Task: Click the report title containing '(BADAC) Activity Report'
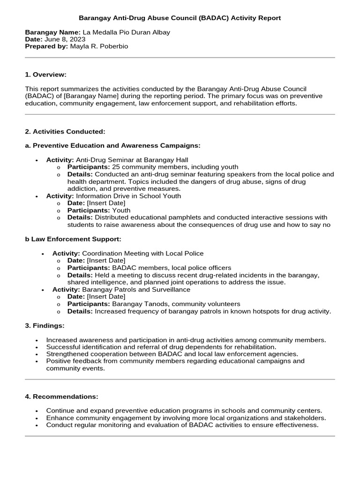[180, 18]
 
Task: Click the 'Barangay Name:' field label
[52, 32]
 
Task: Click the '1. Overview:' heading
[45, 75]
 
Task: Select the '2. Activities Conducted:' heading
[65, 132]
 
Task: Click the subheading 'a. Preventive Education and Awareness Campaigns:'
[112, 146]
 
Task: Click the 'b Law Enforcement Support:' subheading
[73, 239]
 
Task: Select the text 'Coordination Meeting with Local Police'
[143, 254]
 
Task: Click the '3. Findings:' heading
[45, 325]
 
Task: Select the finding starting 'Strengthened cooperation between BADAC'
[172, 354]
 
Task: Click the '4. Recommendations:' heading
[61, 397]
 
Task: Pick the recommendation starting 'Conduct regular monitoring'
[182, 425]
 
